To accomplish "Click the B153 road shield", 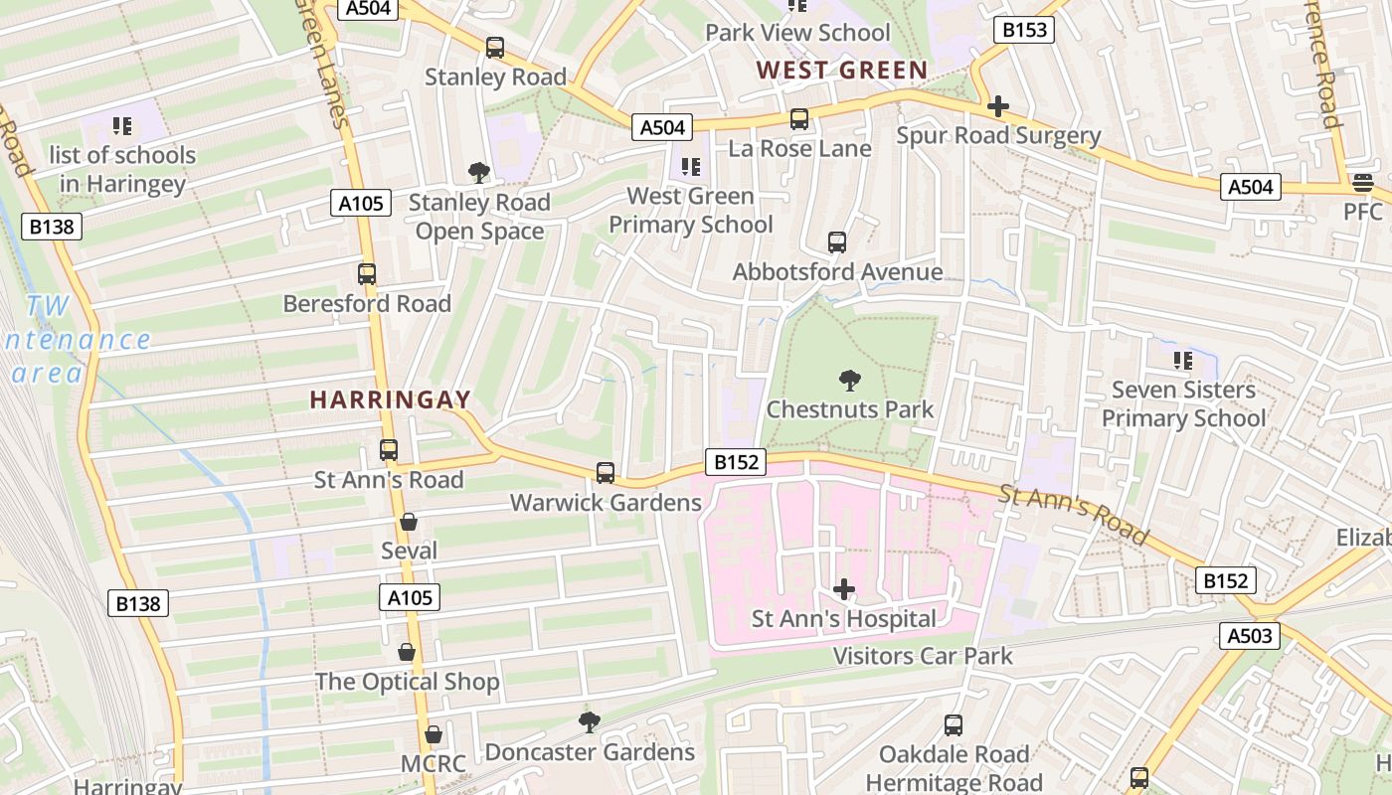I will point(1024,30).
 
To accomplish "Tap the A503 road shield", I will point(1250,636).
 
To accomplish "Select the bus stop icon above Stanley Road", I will point(495,48).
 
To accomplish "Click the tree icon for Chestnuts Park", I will point(849,380).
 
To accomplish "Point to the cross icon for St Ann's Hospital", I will point(843,589).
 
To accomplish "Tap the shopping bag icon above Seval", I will point(408,522).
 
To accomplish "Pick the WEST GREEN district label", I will point(841,71).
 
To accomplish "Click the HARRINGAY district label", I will point(390,399).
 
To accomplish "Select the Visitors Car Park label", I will point(922,656).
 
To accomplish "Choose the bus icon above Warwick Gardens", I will point(606,473).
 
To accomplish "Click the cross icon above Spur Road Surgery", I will point(998,106).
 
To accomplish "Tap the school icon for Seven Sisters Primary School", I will point(1182,360).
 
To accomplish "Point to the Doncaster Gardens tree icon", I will point(590,722).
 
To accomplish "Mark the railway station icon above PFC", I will point(1362,183).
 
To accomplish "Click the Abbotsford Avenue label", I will point(837,272).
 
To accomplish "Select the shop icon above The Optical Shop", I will point(407,653).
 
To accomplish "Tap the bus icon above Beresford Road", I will point(367,274).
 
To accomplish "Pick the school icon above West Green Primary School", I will point(690,167).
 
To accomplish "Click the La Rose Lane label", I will point(799,149).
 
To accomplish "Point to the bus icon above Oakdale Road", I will point(954,725).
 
